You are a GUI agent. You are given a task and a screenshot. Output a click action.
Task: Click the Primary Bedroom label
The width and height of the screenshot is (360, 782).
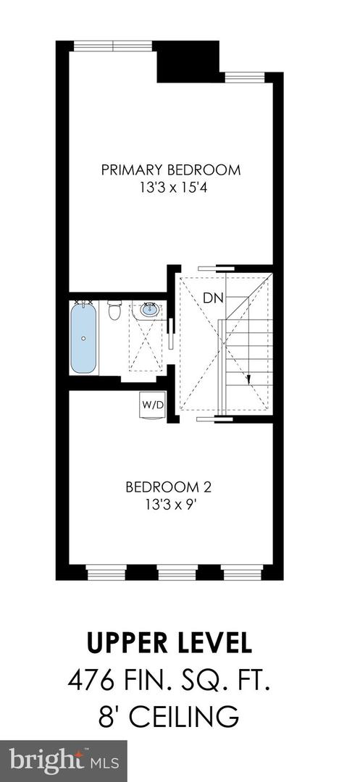(170, 170)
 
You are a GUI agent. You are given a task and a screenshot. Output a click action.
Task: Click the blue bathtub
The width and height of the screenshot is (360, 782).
(84, 338)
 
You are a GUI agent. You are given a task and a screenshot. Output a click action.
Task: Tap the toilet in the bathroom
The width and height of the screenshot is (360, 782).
(114, 312)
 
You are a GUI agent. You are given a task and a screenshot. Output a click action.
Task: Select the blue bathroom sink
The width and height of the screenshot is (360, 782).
(149, 310)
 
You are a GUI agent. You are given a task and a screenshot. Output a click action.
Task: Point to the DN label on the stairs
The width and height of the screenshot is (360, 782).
(213, 298)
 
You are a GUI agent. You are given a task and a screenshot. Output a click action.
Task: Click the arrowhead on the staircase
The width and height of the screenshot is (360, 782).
(248, 379)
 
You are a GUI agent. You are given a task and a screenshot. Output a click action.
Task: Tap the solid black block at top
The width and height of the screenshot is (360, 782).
(188, 61)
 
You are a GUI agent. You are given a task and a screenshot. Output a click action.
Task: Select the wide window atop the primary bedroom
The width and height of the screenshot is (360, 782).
(113, 46)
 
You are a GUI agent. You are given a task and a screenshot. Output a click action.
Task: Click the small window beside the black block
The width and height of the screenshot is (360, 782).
(244, 77)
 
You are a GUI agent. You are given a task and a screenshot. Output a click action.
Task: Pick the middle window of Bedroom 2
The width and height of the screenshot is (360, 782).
(177, 574)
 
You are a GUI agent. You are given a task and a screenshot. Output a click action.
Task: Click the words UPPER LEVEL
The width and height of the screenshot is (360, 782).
(170, 644)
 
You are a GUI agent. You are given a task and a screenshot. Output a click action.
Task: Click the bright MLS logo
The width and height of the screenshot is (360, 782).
(63, 760)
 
